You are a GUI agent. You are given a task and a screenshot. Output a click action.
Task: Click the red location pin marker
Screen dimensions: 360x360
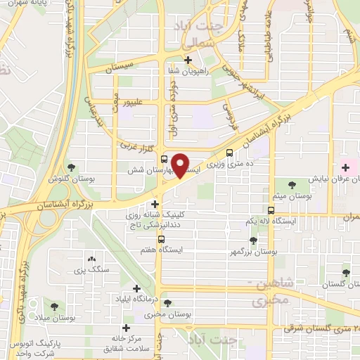pyautogui.click(x=181, y=165)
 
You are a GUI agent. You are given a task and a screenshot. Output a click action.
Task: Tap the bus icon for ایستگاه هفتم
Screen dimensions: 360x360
pyautogui.click(x=162, y=240)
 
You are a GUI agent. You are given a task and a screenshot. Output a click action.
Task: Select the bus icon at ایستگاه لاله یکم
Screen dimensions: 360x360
pyautogui.click(x=271, y=210)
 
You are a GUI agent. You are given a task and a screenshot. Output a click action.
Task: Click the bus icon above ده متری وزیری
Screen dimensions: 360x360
pyautogui.click(x=230, y=153)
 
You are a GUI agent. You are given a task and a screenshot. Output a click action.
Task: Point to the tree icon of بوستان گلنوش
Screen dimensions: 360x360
pyautogui.click(x=72, y=167)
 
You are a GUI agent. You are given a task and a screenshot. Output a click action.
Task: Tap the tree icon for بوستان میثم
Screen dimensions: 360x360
pyautogui.click(x=292, y=184)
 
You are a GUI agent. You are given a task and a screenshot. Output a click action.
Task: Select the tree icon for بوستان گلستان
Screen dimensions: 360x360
pyautogui.click(x=345, y=273)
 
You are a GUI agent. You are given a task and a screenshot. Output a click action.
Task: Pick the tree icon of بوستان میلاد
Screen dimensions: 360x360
pyautogui.click(x=53, y=306)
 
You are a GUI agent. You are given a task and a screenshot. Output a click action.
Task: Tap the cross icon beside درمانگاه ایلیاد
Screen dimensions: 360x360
pyautogui.click(x=137, y=288)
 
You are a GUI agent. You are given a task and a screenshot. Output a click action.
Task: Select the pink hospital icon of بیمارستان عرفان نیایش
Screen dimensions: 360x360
pyautogui.click(x=345, y=167)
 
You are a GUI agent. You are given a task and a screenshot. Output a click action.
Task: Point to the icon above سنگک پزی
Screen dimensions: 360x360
pyautogui.click(x=91, y=259)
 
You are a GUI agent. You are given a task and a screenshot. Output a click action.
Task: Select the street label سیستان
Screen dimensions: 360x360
pyautogui.click(x=120, y=69)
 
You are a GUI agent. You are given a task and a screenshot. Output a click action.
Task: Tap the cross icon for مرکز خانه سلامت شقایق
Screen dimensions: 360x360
pyautogui.click(x=127, y=328)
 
